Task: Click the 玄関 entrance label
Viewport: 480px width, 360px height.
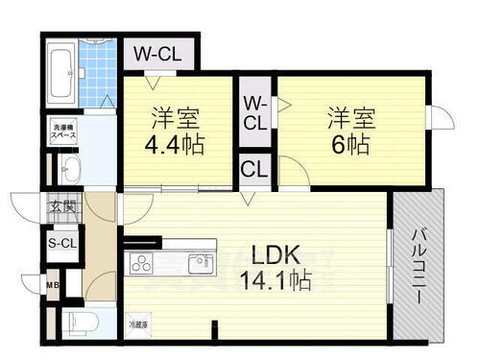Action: (62, 204)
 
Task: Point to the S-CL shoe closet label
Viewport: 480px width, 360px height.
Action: (61, 243)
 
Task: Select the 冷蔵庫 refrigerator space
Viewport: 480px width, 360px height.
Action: (139, 324)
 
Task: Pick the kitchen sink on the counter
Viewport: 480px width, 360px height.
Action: (202, 262)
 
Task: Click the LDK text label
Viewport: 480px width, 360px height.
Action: (277, 254)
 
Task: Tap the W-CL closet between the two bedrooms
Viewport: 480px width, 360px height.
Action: (255, 113)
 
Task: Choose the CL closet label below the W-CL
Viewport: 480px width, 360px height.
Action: (254, 171)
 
